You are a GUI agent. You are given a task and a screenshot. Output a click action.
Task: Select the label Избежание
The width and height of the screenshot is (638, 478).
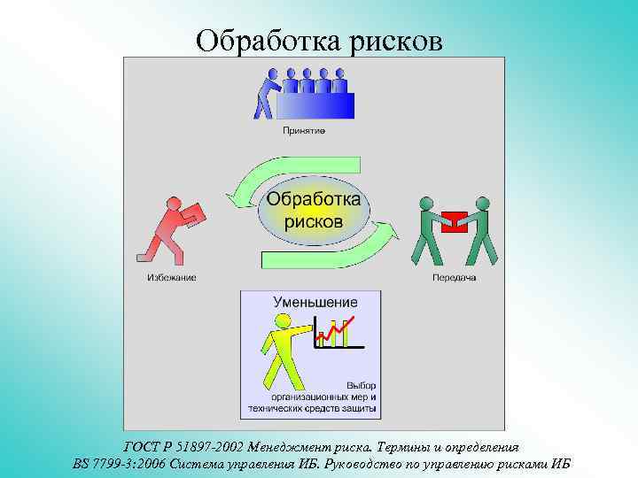click(x=172, y=278)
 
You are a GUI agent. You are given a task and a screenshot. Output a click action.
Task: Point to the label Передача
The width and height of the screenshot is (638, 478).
click(x=455, y=278)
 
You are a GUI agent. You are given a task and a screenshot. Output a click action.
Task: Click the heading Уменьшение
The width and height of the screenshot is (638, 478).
click(x=315, y=303)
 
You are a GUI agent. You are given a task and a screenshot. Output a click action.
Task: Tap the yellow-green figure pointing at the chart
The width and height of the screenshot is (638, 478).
click(x=284, y=354)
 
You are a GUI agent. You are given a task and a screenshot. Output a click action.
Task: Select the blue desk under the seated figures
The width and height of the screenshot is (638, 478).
click(x=315, y=105)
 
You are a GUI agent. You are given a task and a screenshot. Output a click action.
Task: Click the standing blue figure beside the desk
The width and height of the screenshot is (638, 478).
click(x=265, y=92)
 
